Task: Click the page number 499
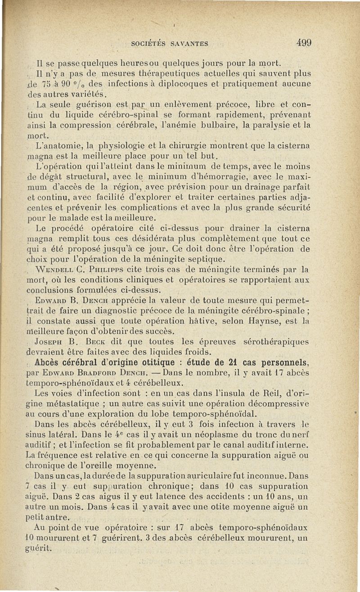(304, 43)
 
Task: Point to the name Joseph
(50, 342)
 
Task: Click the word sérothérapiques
(278, 342)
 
